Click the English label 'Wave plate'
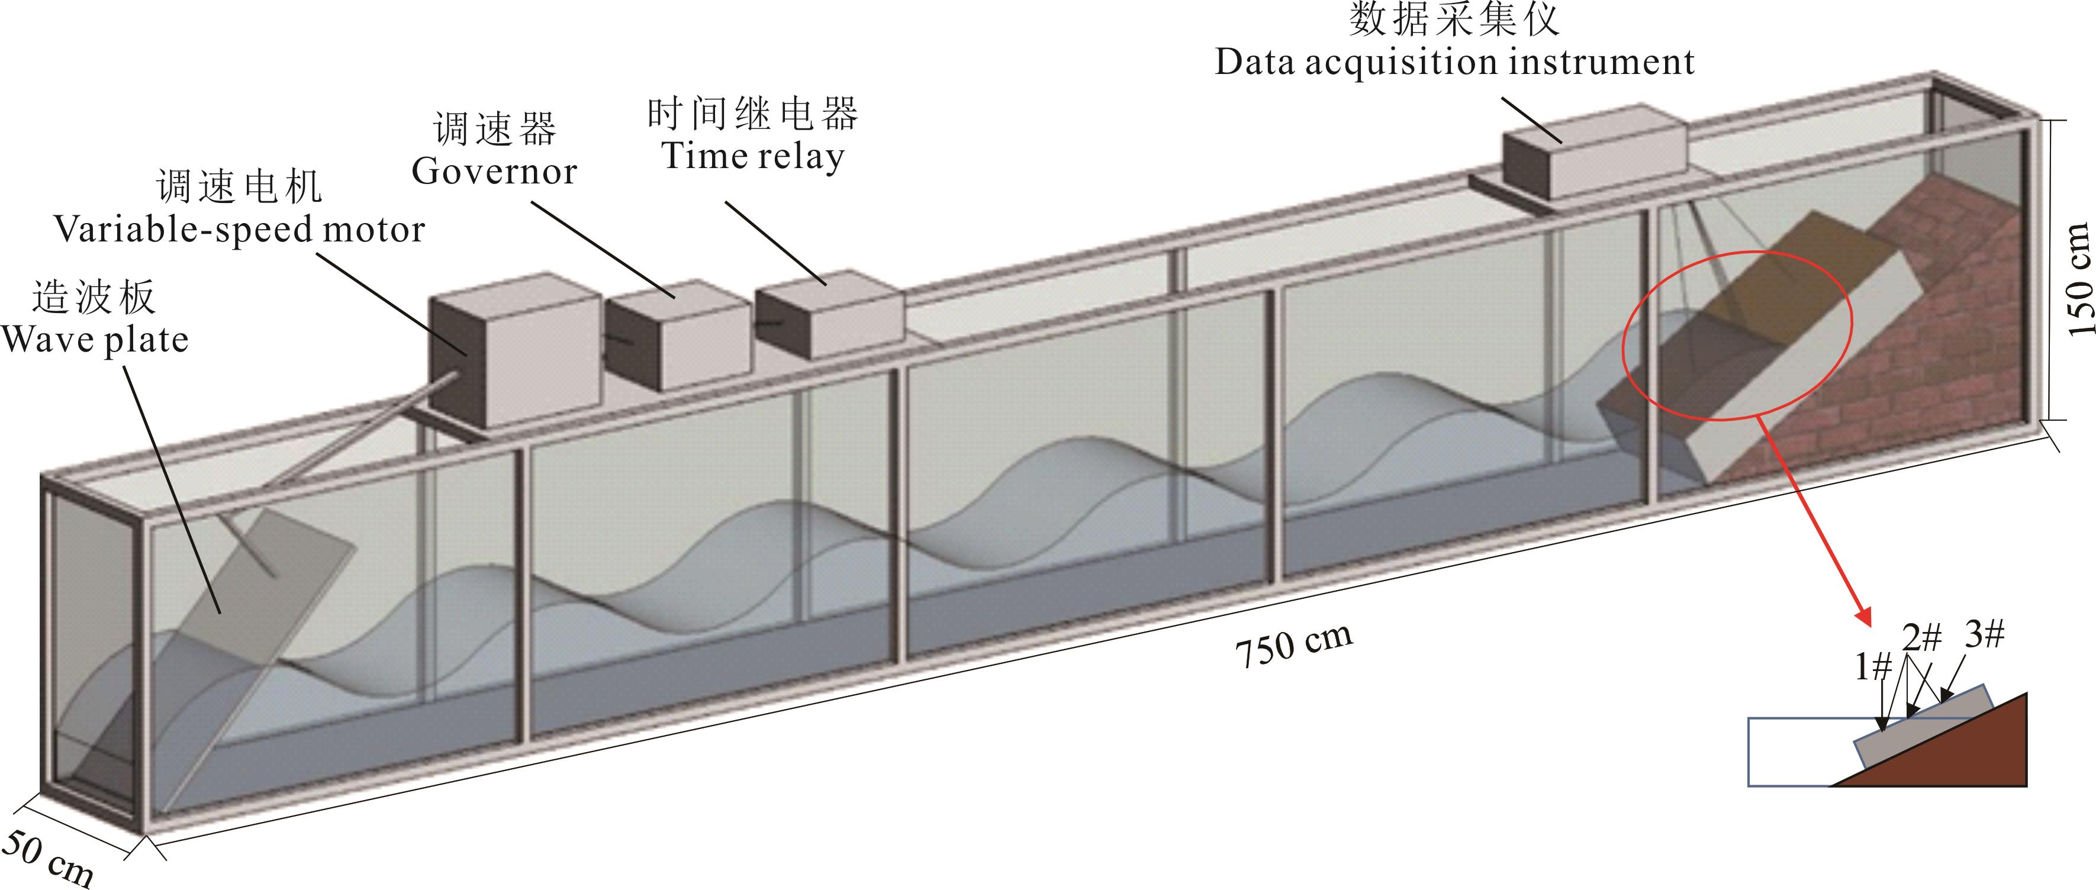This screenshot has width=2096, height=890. pyautogui.click(x=95, y=339)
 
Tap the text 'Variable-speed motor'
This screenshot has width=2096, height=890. pyautogui.click(x=239, y=230)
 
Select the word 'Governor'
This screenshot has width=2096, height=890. pyautogui.click(x=494, y=171)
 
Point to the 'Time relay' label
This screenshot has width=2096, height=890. pyautogui.click(x=753, y=156)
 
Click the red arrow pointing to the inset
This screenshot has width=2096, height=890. pyautogui.click(x=1814, y=521)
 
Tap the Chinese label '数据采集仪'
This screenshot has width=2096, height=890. pyautogui.click(x=1454, y=20)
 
